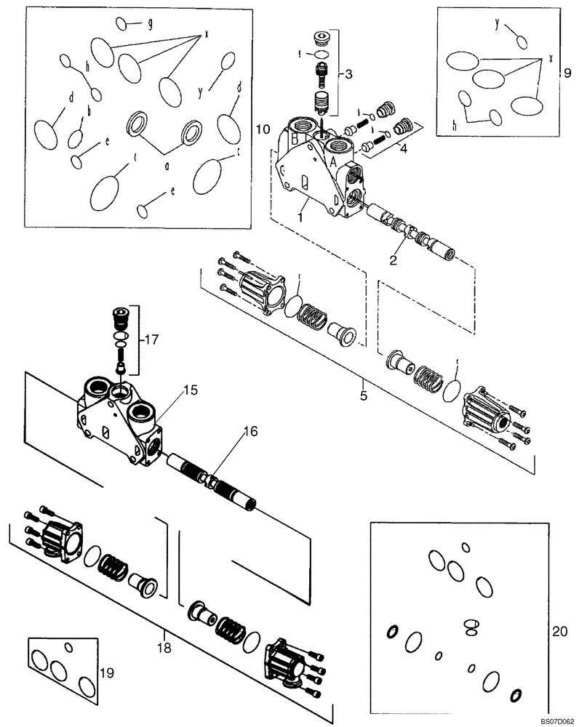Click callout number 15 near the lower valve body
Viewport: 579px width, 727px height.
(x=190, y=390)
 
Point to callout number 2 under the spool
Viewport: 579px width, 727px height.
(x=394, y=259)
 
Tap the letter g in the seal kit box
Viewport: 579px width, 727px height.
(x=150, y=23)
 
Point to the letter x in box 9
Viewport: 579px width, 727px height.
(x=551, y=57)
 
